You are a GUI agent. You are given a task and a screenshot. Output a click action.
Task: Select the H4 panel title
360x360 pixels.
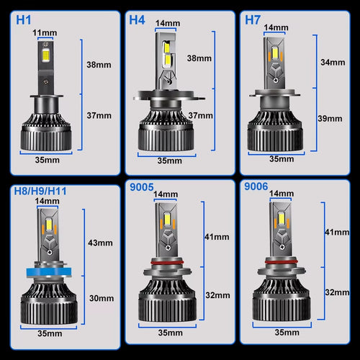point(138,19)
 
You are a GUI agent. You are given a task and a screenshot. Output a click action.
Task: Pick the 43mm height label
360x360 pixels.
point(100,243)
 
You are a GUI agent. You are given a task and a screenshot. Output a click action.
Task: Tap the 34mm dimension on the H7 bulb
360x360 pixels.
point(333,63)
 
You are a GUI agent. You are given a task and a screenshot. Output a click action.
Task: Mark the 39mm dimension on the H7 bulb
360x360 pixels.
point(333,117)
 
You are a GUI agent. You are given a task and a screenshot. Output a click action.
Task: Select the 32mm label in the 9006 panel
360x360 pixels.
point(333,293)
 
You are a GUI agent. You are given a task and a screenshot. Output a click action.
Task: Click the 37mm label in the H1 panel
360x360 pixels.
point(100,115)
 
